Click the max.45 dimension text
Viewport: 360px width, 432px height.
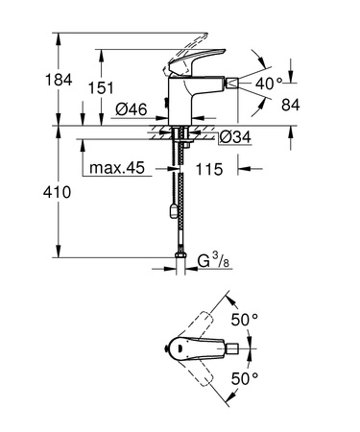click(x=116, y=170)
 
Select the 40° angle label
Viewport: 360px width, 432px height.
click(x=270, y=84)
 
